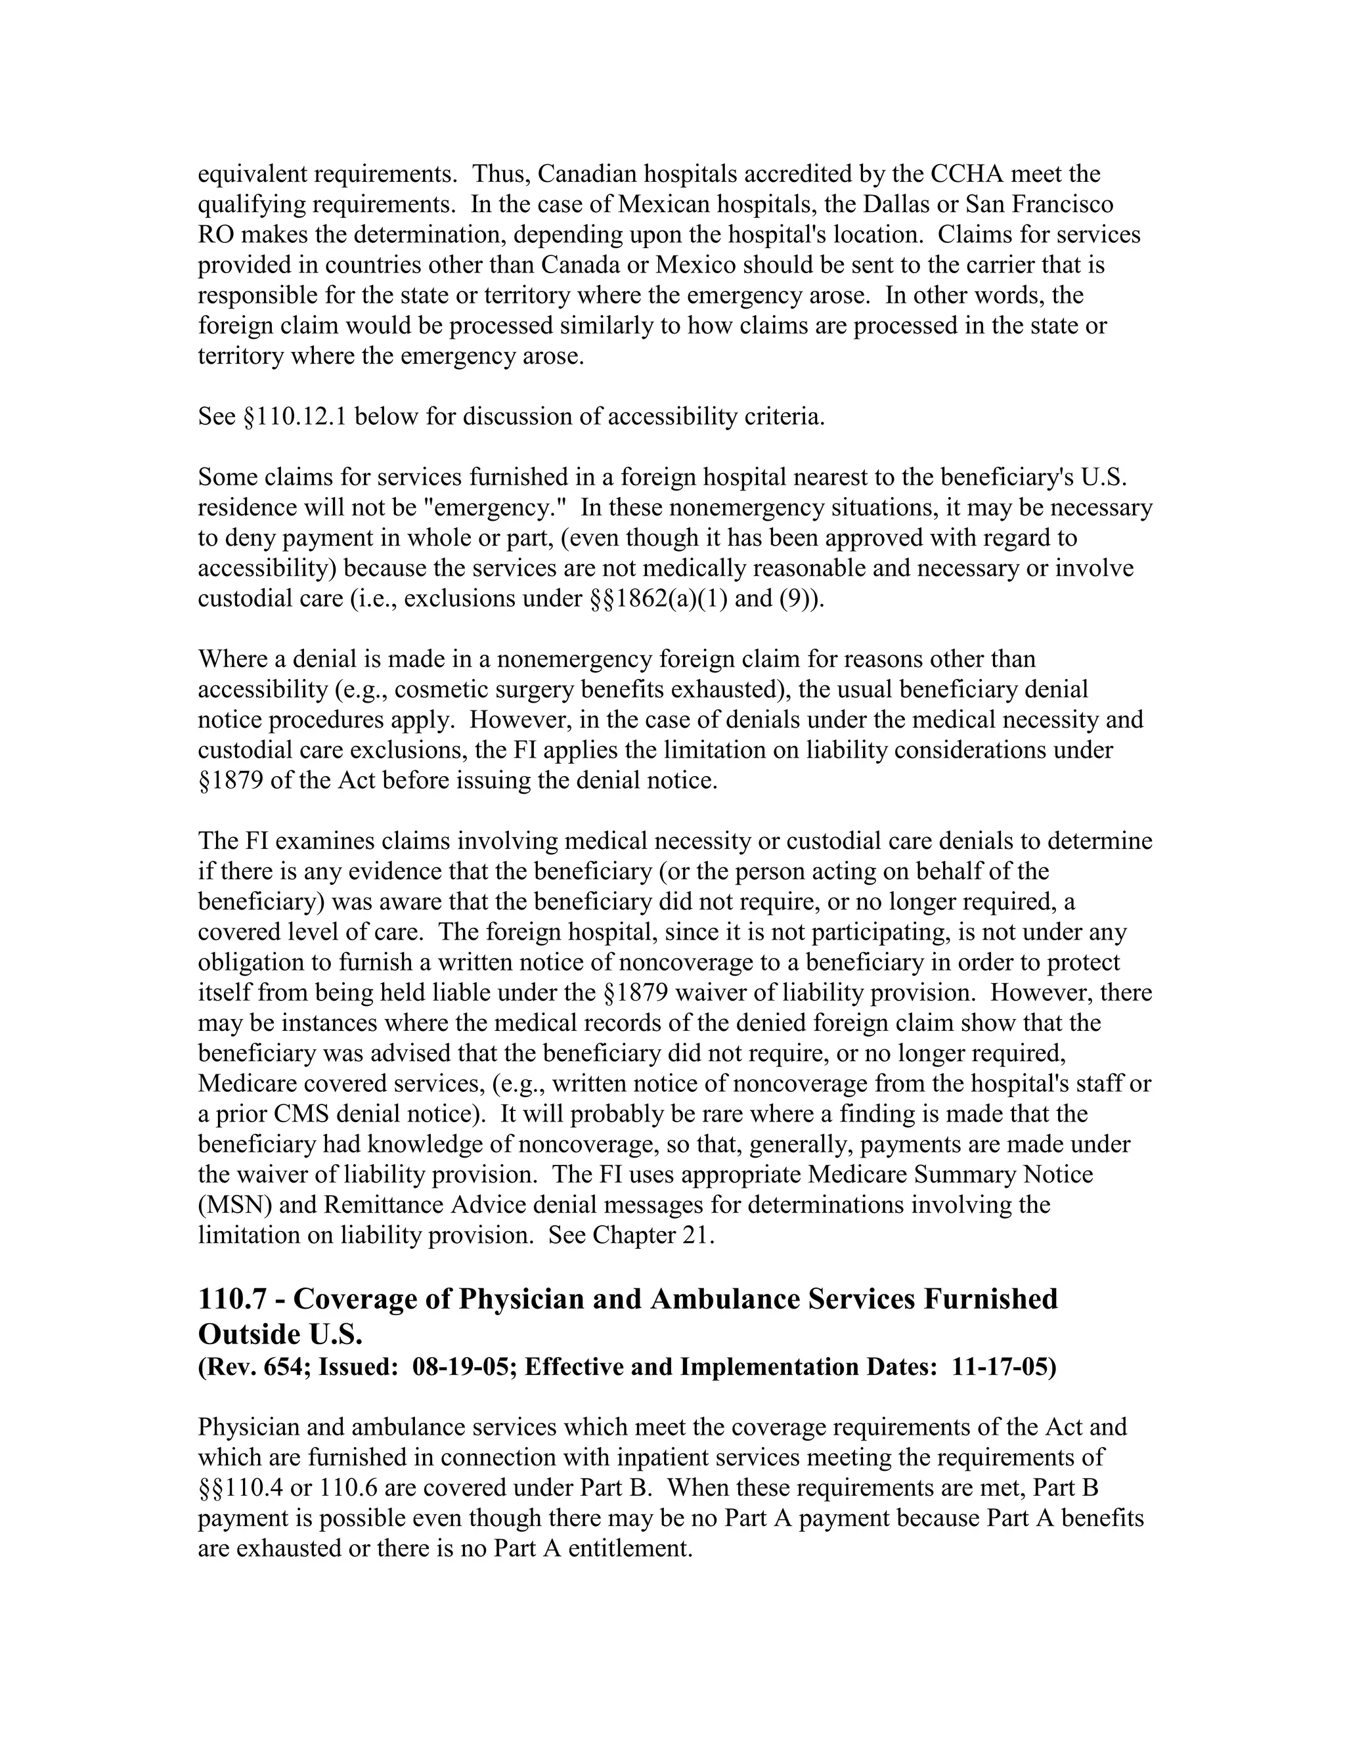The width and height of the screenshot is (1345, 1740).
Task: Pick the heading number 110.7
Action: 238,1299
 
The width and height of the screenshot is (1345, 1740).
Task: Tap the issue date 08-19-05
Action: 457,1367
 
